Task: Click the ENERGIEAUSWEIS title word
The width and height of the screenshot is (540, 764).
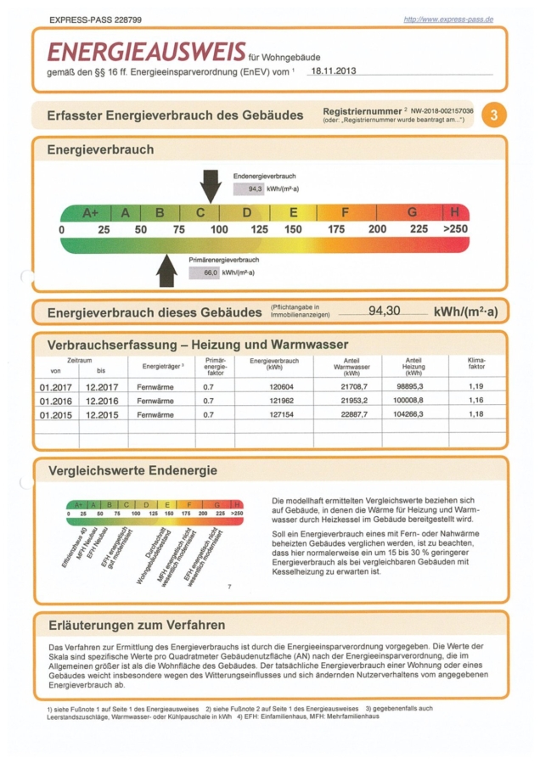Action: coord(146,53)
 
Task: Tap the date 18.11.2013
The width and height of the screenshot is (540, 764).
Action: coord(333,71)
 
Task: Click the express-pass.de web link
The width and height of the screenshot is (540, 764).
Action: coord(448,19)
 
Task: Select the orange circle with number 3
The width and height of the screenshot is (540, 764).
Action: coord(493,115)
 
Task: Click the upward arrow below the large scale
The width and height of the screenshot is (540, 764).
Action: coord(167,269)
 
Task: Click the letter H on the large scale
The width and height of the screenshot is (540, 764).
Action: coord(454,212)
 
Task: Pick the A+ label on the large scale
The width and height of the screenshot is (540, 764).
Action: coord(91,212)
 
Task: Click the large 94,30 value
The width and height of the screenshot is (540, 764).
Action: coord(384,311)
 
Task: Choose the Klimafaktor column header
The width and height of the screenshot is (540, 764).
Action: coord(476,365)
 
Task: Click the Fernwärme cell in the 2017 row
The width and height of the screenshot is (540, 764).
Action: coord(155,387)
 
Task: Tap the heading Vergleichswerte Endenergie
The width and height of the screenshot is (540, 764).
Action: coord(132,470)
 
